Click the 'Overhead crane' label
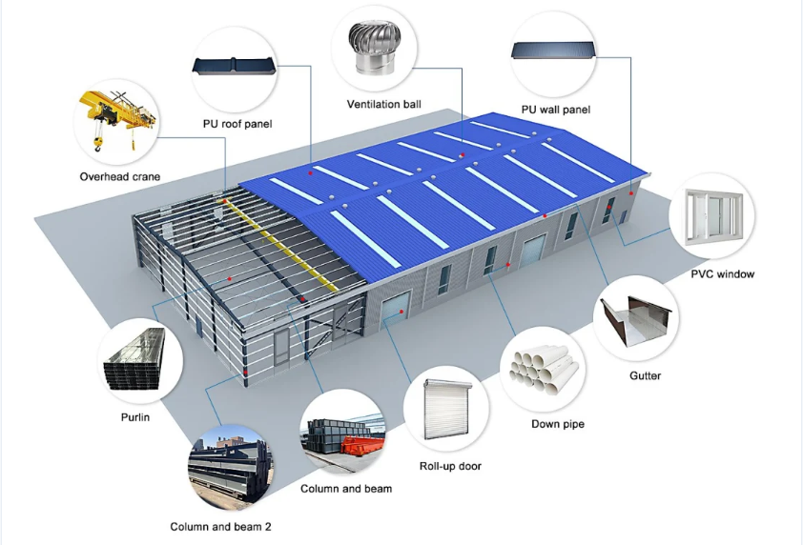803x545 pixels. [120, 176]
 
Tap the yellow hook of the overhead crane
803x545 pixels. [97, 145]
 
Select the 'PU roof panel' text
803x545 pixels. [237, 124]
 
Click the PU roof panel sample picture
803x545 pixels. [235, 66]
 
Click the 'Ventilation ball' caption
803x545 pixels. [384, 105]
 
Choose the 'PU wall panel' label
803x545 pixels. [556, 110]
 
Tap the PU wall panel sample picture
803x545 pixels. [554, 50]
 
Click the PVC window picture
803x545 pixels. [714, 216]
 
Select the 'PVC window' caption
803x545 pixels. [723, 273]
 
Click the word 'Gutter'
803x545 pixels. [645, 375]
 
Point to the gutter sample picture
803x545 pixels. [636, 320]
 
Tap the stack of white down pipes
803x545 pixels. [545, 370]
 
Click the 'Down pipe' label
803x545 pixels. [558, 424]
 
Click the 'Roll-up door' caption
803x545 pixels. [450, 466]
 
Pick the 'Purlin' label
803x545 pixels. [135, 417]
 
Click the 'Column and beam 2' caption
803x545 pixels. [220, 527]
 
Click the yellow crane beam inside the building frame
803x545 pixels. [280, 247]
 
